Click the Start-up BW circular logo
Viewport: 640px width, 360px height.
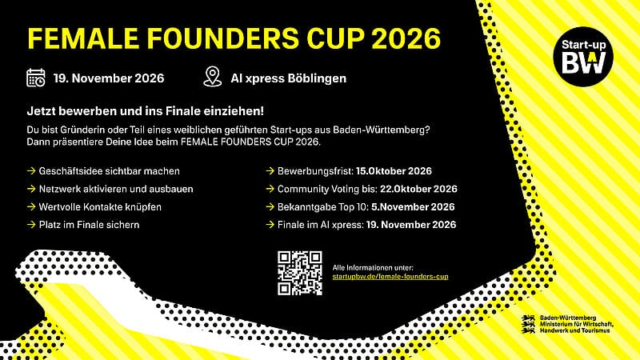[x=583, y=57]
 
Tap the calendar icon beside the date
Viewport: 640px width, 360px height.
[x=36, y=78]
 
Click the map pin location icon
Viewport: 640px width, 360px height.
[x=213, y=77]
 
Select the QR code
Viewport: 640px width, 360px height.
[x=300, y=273]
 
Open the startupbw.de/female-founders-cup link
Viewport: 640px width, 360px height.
[x=390, y=277]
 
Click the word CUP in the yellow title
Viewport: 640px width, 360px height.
[x=335, y=38]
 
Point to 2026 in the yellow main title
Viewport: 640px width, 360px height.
[x=406, y=38]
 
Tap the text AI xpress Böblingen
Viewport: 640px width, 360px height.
[x=289, y=78]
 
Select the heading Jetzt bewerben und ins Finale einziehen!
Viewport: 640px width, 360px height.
[x=146, y=111]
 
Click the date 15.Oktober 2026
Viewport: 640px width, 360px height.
[x=394, y=171]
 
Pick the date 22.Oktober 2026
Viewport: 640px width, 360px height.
[x=418, y=189]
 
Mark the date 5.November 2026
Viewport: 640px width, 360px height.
[x=413, y=207]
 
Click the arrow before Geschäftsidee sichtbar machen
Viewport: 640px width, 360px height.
[x=31, y=170]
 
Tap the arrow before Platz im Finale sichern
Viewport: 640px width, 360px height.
[x=31, y=225]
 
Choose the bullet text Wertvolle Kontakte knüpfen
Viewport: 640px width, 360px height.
[x=100, y=207]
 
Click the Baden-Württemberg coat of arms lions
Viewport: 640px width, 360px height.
[x=529, y=324]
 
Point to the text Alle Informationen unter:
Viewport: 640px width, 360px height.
[x=373, y=268]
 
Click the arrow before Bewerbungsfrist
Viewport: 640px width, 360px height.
[x=270, y=170]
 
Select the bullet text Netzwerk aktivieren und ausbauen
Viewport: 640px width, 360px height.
[x=116, y=189]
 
